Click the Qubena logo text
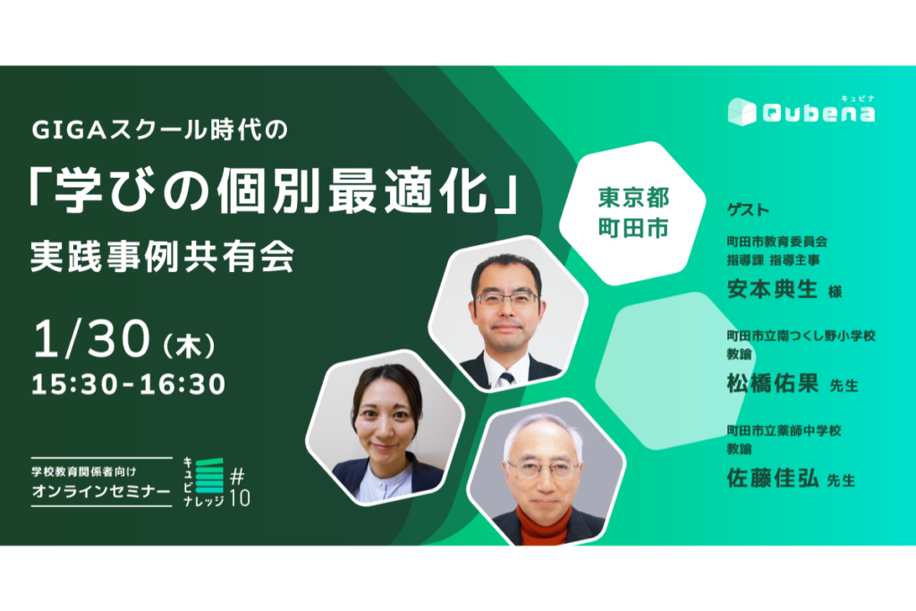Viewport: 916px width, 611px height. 818,112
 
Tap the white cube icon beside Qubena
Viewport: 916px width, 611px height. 742,112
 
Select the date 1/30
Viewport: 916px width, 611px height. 92,338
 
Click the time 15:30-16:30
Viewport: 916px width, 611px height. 129,385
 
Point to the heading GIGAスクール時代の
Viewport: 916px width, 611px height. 160,130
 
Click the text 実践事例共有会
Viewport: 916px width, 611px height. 163,257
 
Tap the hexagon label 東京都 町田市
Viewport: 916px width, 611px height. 633,213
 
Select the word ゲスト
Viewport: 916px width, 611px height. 748,209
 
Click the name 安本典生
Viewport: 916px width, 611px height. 772,289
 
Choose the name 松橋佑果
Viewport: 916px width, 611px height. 772,384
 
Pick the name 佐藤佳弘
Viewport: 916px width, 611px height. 772,479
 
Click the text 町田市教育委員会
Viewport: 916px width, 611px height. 777,242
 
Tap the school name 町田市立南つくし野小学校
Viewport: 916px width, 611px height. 801,335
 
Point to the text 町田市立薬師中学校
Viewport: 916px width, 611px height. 784,430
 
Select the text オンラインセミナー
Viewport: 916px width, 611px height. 101,491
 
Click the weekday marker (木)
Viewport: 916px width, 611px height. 189,346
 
